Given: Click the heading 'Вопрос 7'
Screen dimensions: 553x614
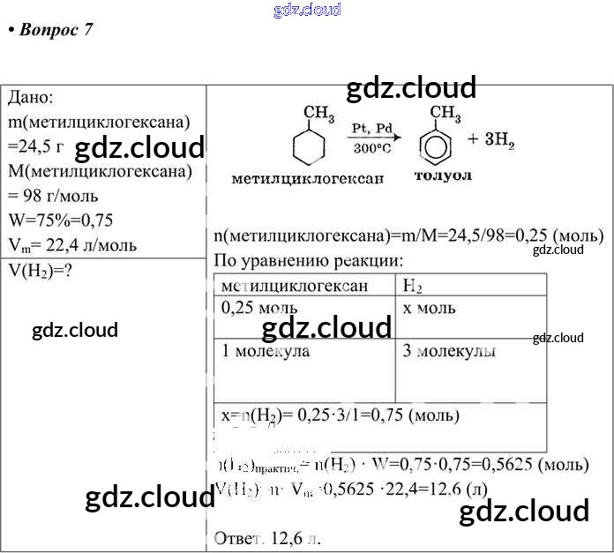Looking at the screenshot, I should tap(50, 30).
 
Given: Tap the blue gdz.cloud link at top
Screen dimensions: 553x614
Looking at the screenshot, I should tap(307, 11).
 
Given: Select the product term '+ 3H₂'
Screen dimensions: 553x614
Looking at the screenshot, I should tap(491, 139).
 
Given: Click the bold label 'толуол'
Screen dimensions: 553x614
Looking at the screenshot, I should tap(443, 176).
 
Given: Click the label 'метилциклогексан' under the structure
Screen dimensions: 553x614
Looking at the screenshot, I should tap(307, 178).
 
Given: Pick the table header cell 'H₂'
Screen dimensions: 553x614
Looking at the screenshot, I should tap(412, 285).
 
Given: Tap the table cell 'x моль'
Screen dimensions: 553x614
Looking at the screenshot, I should tap(429, 308).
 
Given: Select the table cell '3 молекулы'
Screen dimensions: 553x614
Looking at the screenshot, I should tap(448, 351).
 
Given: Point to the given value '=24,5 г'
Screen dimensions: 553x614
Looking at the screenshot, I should tap(35, 145).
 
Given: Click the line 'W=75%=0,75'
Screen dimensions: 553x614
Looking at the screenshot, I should tap(60, 220).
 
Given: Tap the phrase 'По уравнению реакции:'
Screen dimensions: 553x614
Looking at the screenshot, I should tap(308, 260).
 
